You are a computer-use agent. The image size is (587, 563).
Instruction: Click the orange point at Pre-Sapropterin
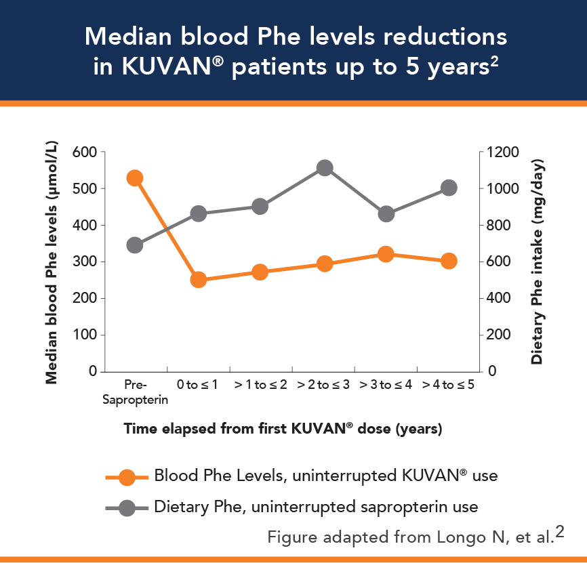pos(134,178)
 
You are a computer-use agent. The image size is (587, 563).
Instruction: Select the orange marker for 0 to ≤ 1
pos(198,280)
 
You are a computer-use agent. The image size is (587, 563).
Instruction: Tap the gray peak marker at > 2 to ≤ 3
pos(324,168)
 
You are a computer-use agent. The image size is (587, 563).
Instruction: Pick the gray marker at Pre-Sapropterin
pos(134,245)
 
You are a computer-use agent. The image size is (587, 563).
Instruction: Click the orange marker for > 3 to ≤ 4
pos(386,255)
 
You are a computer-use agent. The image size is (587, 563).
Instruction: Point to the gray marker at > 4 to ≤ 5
pos(448,188)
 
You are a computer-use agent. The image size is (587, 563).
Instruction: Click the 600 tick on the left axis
pos(83,152)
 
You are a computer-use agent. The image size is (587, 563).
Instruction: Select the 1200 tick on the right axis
pos(501,152)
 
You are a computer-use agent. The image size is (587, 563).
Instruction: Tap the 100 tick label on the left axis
pos(83,335)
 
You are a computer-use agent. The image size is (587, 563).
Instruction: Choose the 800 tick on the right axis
pos(498,225)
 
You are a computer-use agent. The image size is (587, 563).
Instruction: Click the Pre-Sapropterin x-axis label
pos(135,392)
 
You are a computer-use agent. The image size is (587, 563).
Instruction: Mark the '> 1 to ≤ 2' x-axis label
pos(261,385)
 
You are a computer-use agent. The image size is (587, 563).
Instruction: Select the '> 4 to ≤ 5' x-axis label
pos(448,385)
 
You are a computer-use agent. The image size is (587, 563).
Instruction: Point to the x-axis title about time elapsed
pos(283,429)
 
